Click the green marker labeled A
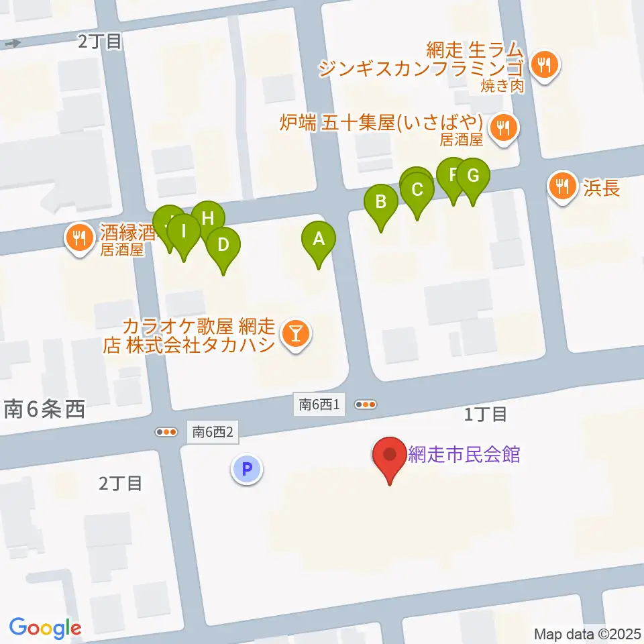click(319, 239)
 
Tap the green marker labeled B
click(381, 201)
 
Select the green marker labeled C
click(417, 190)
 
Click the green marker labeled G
click(473, 176)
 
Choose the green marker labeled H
click(207, 218)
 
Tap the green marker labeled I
click(183, 233)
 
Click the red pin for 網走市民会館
click(390, 455)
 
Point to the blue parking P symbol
click(247, 469)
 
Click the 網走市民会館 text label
click(464, 454)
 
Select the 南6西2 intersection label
click(212, 433)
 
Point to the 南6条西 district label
click(45, 409)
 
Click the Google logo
click(45, 627)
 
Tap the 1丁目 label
click(485, 415)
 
